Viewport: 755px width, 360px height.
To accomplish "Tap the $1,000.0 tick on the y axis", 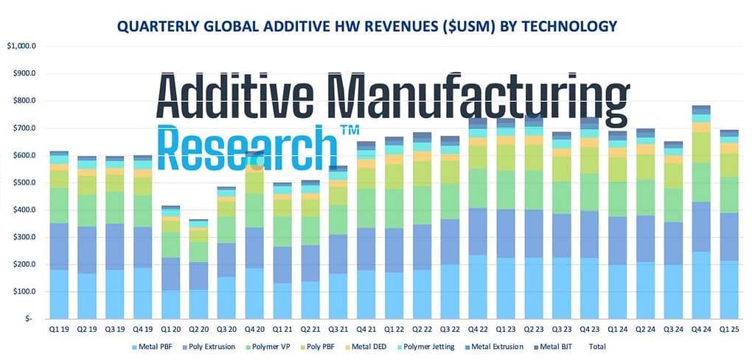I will click(x=23, y=46).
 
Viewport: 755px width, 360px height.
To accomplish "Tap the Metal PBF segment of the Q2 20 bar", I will click(x=198, y=303).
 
